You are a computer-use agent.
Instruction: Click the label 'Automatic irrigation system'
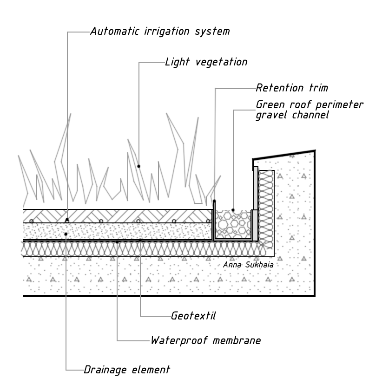coord(159,32)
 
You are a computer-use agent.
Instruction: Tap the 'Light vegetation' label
coord(206,62)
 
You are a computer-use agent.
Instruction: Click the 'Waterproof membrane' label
coord(205,340)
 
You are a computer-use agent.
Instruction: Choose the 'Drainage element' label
coord(127,370)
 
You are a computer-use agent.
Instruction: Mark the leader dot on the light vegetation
coord(138,166)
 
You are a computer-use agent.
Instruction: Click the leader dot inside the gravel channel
coord(233,210)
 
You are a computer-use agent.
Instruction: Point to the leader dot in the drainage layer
coord(66,234)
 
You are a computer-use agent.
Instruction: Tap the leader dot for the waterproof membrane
coord(117,242)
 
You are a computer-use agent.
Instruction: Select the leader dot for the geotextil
coord(140,240)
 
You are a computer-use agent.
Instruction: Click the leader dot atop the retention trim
coord(214,201)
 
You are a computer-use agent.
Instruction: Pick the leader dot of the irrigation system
coord(67,219)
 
